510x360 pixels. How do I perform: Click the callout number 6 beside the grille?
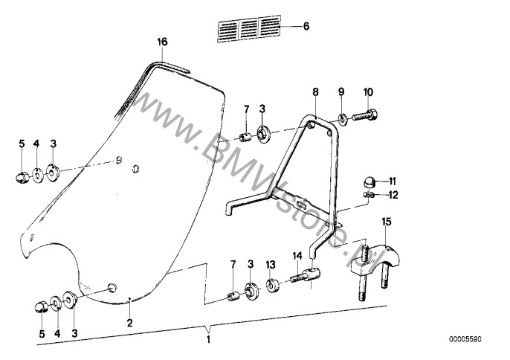coord(306,26)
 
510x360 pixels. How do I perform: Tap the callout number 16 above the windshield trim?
coord(162,42)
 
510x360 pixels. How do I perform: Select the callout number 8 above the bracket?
coord(315,92)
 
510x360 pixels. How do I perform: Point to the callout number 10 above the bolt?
coord(369,92)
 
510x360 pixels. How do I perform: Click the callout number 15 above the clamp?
coord(387,222)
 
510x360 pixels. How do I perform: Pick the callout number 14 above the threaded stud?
coord(297,256)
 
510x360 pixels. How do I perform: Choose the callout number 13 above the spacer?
coord(271,264)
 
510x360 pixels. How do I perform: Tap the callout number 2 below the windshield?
coord(130,323)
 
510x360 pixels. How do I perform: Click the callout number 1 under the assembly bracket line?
coord(208,339)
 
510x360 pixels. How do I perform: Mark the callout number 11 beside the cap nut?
coord(393,181)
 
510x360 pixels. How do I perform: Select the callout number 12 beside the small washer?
coord(393,195)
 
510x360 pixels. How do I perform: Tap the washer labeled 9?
coord(342,119)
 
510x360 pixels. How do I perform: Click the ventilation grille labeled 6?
coord(248,29)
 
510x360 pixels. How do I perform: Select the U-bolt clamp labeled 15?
coord(375,271)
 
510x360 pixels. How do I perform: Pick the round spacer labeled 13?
coord(271,286)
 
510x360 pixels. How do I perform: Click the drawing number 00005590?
coord(465,339)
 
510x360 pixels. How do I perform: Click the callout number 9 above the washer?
coord(341,92)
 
